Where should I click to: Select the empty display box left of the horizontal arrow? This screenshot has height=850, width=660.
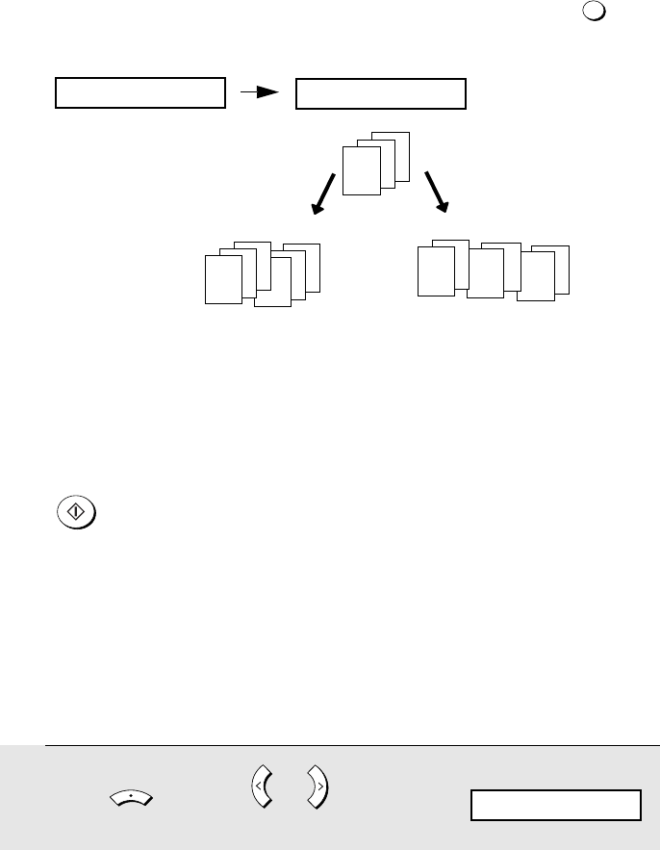(x=140, y=94)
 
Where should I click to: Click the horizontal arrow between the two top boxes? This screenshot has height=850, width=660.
(x=259, y=93)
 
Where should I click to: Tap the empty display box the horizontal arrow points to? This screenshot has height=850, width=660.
(x=380, y=94)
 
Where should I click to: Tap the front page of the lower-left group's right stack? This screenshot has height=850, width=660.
(x=272, y=285)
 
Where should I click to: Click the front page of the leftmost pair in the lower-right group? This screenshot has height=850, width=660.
(x=435, y=270)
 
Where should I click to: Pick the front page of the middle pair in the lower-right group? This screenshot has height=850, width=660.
(x=485, y=274)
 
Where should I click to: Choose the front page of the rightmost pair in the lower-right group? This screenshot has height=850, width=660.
(x=535, y=278)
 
